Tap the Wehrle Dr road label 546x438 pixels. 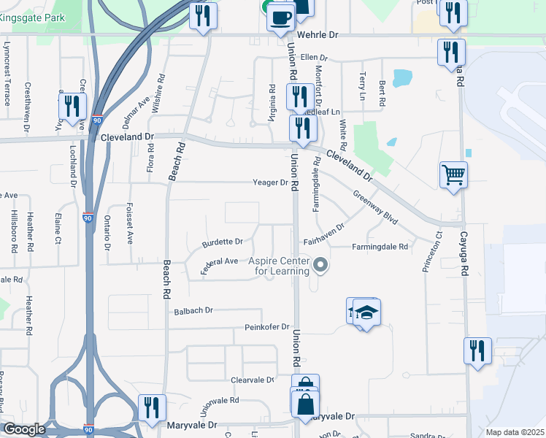click(318, 35)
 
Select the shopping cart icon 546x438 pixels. click(453, 175)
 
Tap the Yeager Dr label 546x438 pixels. click(271, 182)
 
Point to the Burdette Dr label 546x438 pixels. click(223, 241)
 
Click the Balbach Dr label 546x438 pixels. click(193, 311)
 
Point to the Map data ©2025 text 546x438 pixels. click(515, 432)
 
